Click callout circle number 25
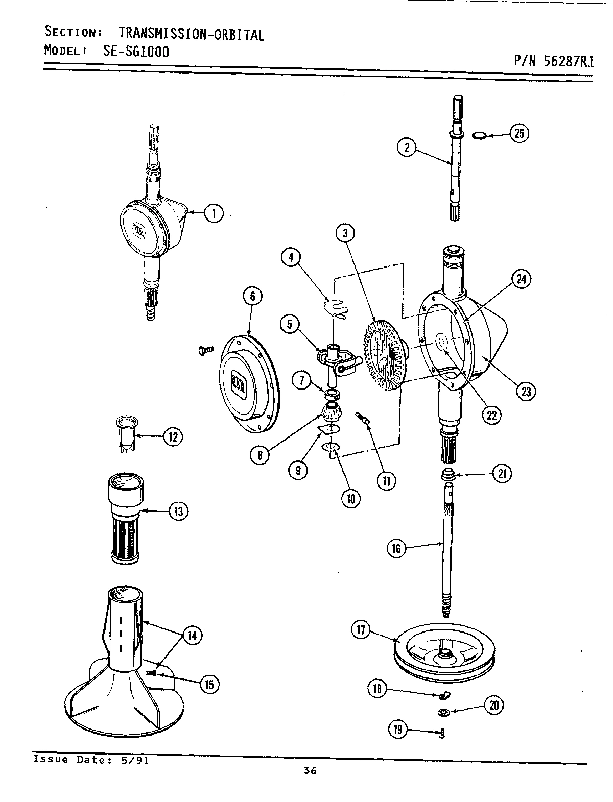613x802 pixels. [x=519, y=134]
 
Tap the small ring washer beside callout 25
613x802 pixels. [x=479, y=135]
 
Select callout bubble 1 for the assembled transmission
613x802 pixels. [x=214, y=213]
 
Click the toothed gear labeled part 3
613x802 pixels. [x=384, y=356]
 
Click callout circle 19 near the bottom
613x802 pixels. [x=398, y=730]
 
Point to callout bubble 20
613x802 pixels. [x=493, y=705]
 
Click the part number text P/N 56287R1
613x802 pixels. [x=553, y=62]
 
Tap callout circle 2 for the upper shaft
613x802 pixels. [x=407, y=148]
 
